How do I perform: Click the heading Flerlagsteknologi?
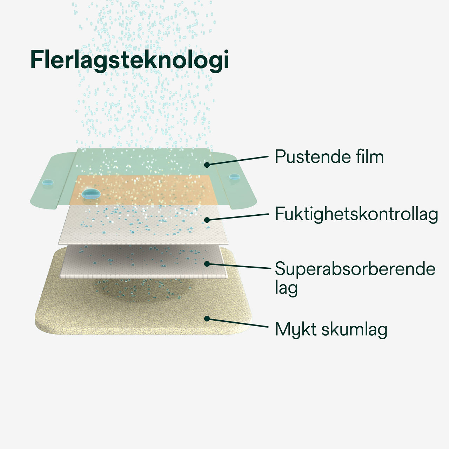130,60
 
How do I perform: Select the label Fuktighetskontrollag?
356,214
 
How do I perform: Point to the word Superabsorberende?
355,269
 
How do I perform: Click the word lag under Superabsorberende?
286,288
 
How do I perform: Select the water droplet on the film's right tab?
233,177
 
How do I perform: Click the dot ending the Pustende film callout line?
207,164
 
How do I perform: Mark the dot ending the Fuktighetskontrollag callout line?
207,220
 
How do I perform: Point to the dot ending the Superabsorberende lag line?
207,263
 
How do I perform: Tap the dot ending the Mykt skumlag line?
207,319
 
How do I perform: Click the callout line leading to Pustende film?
239,160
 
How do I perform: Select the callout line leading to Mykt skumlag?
239,323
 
